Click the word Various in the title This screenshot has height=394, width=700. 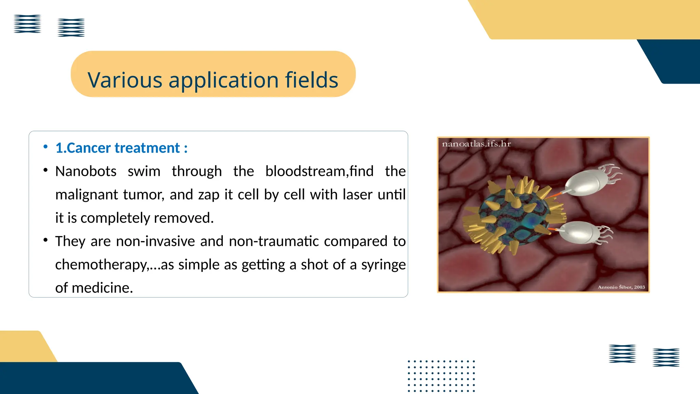click(125, 80)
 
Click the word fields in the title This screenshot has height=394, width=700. click(311, 80)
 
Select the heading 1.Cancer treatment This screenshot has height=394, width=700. click(121, 148)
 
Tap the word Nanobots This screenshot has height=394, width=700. click(86, 171)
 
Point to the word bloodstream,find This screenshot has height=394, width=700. click(319, 171)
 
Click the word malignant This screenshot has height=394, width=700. click(86, 195)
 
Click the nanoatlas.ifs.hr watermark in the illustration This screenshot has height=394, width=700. click(476, 144)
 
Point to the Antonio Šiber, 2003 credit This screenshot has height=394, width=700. click(621, 287)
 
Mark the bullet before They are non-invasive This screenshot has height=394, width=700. click(45, 240)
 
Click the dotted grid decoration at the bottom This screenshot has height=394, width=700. click(441, 376)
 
